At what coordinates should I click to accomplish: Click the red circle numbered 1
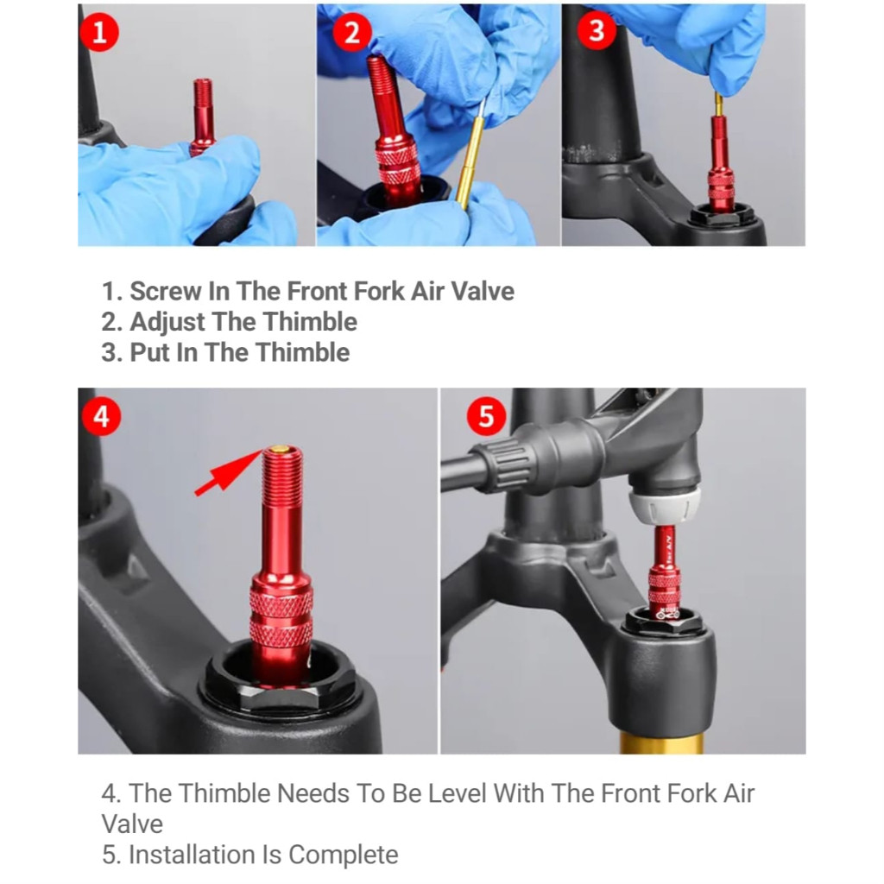pyautogui.click(x=100, y=32)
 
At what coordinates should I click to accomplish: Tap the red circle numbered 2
pyautogui.click(x=352, y=32)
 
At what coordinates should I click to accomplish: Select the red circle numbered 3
pyautogui.click(x=597, y=30)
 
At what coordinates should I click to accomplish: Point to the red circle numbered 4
pyautogui.click(x=102, y=417)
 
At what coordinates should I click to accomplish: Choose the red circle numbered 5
pyautogui.click(x=487, y=417)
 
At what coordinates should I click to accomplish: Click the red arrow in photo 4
pyautogui.click(x=228, y=472)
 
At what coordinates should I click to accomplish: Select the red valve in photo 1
pyautogui.click(x=202, y=117)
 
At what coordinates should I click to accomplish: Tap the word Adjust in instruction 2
pyautogui.click(x=167, y=323)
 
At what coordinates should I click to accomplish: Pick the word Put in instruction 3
pyautogui.click(x=149, y=353)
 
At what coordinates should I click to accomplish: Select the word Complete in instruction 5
pyautogui.click(x=344, y=855)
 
